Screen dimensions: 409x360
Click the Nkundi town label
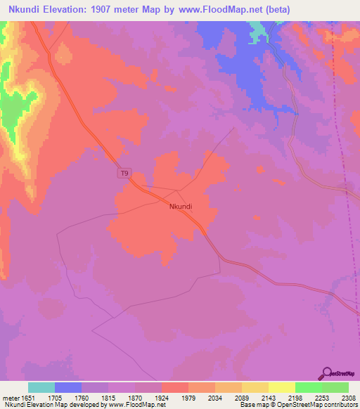click(181, 207)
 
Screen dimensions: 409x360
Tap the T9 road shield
click(124, 174)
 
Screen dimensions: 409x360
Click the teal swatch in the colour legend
click(41, 387)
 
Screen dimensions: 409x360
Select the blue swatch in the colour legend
click(68, 387)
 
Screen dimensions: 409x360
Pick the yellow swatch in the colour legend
click(282, 387)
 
